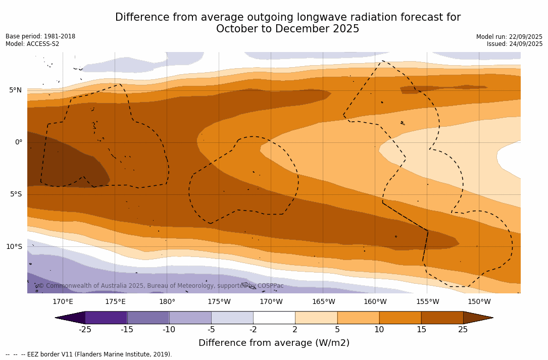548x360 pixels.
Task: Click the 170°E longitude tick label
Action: pos(63,302)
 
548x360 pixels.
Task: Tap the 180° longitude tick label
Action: pos(167,302)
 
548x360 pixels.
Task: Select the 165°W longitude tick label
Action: pos(323,302)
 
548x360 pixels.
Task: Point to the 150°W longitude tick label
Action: pos(479,302)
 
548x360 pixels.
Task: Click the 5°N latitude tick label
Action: pos(15,90)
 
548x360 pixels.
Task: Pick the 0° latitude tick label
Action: pos(18,142)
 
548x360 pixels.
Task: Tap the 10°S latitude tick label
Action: pos(14,247)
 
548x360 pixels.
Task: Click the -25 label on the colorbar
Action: pos(85,330)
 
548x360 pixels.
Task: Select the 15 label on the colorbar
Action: pos(421,330)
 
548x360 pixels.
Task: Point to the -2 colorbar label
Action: pos(253,330)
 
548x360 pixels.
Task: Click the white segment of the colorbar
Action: pos(274,318)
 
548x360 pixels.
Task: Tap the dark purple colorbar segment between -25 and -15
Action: pos(106,318)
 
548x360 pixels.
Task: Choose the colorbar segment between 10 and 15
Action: pos(400,318)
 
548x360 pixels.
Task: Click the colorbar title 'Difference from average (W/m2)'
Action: pos(274,343)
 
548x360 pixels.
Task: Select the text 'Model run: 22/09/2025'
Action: pos(509,37)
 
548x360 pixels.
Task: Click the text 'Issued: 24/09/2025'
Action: pos(514,44)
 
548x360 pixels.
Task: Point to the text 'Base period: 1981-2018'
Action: pos(40,36)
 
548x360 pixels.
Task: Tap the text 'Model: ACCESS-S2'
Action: pos(32,44)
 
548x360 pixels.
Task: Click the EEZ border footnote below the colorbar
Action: pos(89,354)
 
